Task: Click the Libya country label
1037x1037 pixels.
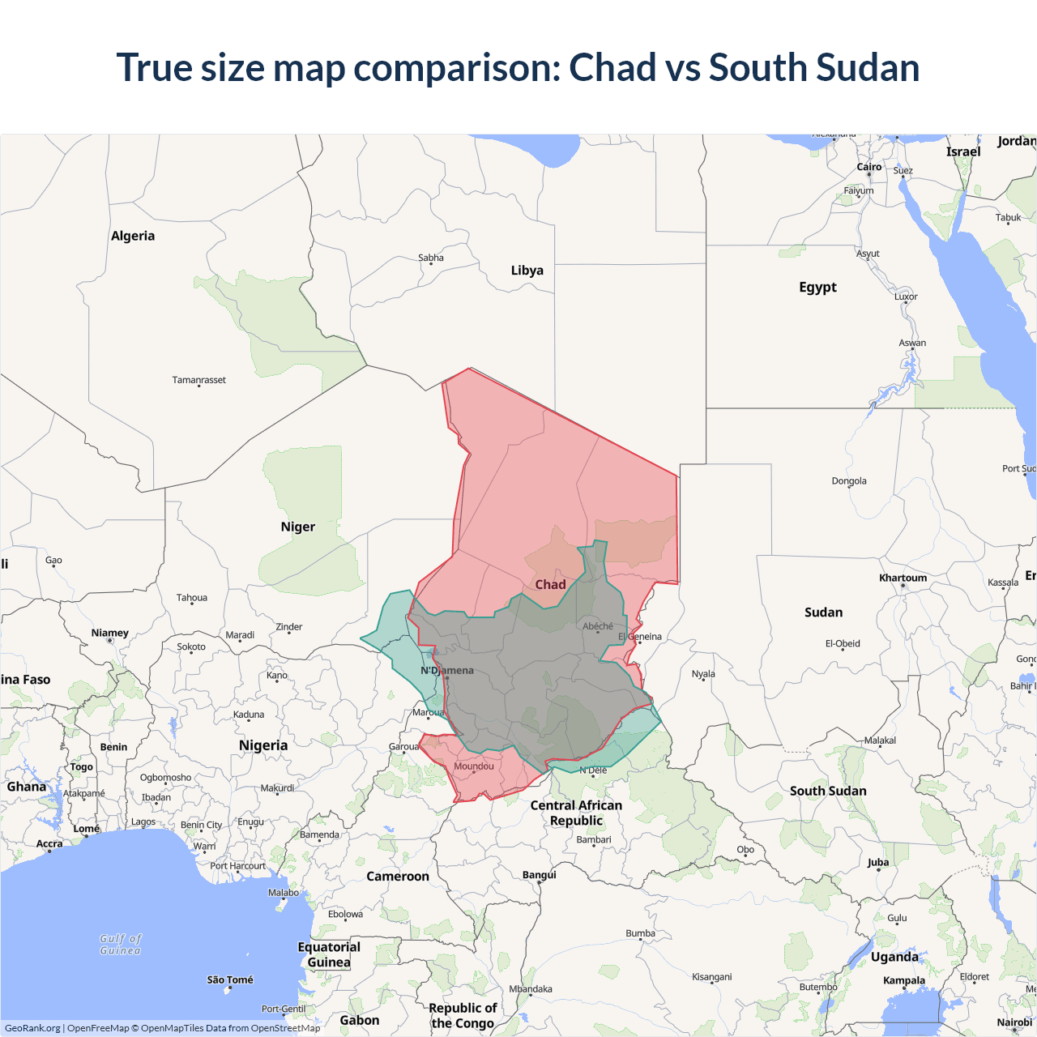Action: (x=527, y=271)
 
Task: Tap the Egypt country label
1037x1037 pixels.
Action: (x=817, y=288)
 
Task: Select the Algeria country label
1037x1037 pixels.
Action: (x=133, y=236)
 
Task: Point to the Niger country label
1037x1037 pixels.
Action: (x=297, y=527)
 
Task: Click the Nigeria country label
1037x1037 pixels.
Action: (x=263, y=745)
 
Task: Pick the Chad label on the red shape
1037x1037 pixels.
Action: (x=550, y=584)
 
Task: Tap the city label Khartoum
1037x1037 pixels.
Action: (x=903, y=578)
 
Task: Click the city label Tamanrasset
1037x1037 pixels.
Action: (x=198, y=380)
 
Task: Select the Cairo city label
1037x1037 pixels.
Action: (x=869, y=167)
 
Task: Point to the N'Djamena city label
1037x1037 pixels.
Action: (x=447, y=670)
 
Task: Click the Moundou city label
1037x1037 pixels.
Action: (x=474, y=766)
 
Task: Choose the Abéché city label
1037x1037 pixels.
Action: (x=598, y=626)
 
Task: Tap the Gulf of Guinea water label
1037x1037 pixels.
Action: (x=121, y=944)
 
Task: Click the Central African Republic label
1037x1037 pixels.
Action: (x=576, y=813)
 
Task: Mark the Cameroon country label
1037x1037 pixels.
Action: (x=398, y=876)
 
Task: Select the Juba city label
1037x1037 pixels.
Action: (x=878, y=862)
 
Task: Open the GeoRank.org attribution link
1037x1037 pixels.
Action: (x=32, y=1028)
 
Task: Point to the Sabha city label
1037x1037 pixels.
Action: (x=431, y=258)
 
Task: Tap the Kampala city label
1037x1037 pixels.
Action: (x=904, y=980)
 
